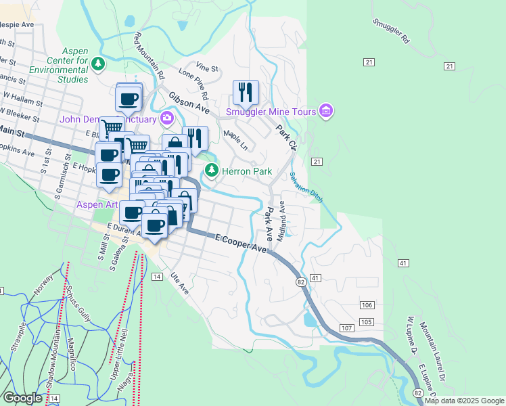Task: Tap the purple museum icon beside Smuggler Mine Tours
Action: (326, 110)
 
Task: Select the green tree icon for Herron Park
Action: (212, 171)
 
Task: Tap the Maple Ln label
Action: (235, 141)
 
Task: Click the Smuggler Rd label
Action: (391, 30)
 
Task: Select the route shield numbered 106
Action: (367, 305)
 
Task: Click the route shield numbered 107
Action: (346, 328)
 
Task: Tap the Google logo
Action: (23, 397)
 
